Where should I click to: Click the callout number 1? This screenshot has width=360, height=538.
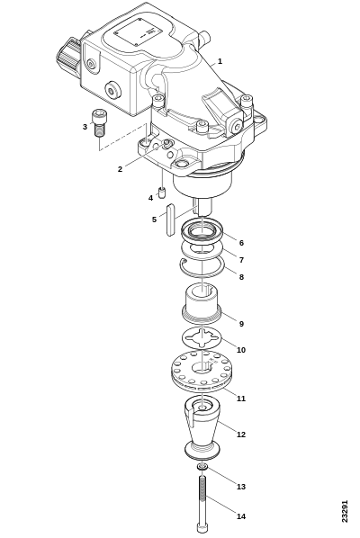coord(220,61)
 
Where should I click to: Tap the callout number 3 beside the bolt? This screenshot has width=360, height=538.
coord(85,127)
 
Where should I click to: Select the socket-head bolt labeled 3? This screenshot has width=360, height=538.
coord(98,123)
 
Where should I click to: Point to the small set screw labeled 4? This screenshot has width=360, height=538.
coord(162,193)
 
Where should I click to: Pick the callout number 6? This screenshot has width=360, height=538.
coord(241,243)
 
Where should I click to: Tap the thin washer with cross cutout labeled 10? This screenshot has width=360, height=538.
coord(202,338)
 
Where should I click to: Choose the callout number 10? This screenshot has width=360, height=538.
coord(241,350)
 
